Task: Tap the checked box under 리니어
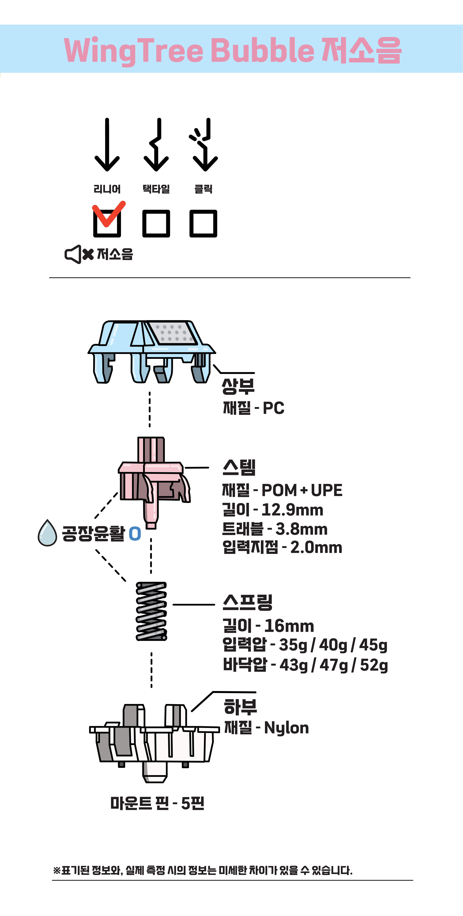pos(107,223)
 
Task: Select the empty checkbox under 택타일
pos(156,223)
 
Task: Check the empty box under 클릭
pos(203,223)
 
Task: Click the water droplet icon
pos(47,533)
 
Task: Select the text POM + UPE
pos(302,490)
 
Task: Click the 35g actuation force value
pos(293,645)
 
